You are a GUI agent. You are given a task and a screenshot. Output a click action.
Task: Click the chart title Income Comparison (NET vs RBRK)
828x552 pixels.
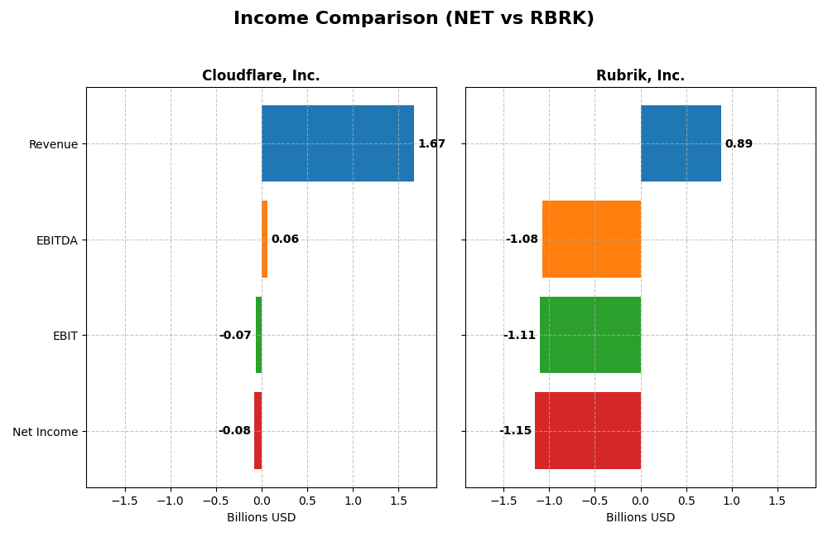(x=413, y=18)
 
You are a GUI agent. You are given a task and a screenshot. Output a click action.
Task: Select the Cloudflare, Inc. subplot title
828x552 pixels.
(x=261, y=75)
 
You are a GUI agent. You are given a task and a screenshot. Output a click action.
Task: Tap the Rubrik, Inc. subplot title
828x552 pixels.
(x=640, y=75)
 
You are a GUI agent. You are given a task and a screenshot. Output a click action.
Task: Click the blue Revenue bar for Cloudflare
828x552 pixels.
(x=337, y=143)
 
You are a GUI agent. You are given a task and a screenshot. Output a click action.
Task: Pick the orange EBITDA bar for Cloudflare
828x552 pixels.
(x=264, y=239)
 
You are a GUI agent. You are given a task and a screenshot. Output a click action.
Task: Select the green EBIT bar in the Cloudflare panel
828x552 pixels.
(x=258, y=335)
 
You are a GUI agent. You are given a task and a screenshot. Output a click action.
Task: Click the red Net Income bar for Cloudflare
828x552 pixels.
(x=258, y=430)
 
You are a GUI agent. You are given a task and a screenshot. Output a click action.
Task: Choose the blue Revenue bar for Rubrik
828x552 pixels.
(x=681, y=143)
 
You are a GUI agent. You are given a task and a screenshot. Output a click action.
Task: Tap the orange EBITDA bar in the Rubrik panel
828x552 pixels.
(x=591, y=239)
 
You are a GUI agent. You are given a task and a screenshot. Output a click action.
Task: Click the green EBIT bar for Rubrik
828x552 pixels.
(x=590, y=335)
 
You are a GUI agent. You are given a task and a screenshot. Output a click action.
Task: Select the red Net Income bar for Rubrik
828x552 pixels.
(x=588, y=430)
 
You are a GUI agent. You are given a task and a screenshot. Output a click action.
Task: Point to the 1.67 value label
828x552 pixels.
(x=431, y=144)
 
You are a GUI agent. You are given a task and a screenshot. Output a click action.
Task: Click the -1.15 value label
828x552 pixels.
(x=515, y=431)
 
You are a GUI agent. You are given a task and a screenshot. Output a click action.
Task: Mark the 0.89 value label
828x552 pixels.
(x=739, y=144)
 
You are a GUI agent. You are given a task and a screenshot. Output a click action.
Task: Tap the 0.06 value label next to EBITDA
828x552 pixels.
(x=285, y=240)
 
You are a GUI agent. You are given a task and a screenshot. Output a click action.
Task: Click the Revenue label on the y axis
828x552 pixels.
(x=53, y=144)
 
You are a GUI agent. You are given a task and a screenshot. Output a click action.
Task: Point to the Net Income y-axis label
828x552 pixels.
(x=45, y=432)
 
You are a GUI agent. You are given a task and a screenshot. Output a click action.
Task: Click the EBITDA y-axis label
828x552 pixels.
(x=56, y=240)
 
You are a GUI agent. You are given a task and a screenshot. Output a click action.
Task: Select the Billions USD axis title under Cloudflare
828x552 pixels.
(x=261, y=517)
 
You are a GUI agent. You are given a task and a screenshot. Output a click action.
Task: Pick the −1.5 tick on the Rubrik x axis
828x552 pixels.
(x=503, y=501)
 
